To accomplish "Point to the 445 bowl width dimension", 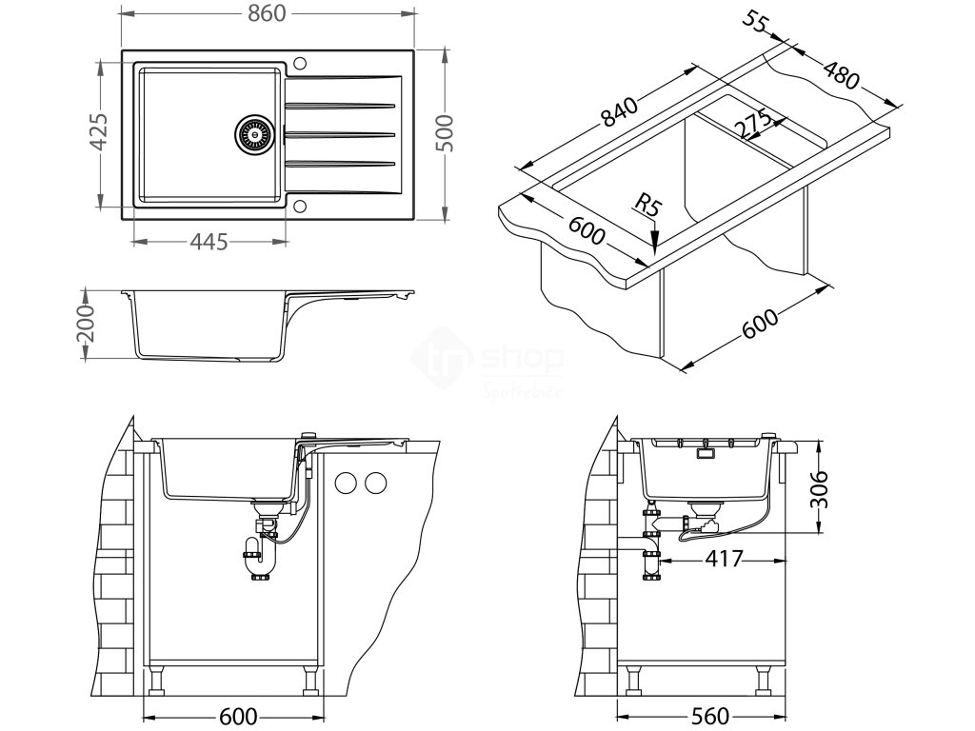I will point(209,242).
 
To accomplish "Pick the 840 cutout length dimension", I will point(620,113).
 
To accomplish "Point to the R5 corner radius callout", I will point(647,204).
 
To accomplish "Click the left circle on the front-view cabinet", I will point(347,483).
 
